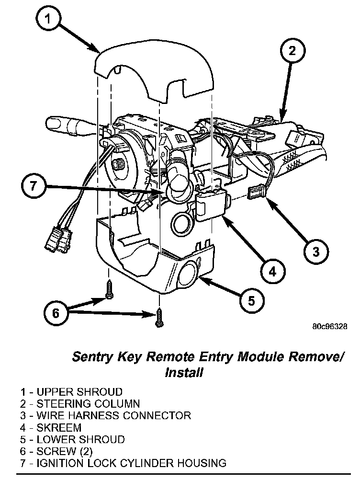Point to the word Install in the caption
(x=183, y=372)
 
